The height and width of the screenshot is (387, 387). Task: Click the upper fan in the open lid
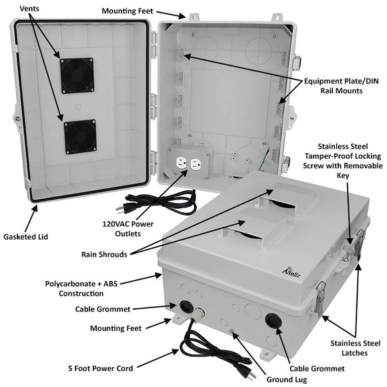pyautogui.click(x=77, y=75)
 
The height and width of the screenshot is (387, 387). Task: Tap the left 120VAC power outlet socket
pyautogui.click(x=179, y=163)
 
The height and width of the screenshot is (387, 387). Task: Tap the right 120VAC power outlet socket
pyautogui.click(x=196, y=163)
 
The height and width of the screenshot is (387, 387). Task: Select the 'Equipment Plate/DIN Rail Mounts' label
pyautogui.click(x=342, y=85)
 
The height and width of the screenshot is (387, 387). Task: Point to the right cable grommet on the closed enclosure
pyautogui.click(x=273, y=320)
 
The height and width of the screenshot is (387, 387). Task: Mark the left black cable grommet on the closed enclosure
pyautogui.click(x=180, y=308)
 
